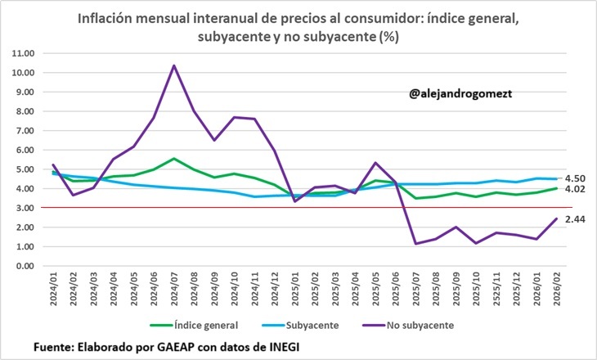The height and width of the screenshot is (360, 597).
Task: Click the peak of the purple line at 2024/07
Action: click(x=174, y=65)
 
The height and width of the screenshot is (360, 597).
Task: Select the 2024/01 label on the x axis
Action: click(x=54, y=292)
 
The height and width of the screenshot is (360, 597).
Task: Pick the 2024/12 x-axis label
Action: click(x=274, y=292)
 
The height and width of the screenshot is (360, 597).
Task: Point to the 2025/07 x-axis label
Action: click(x=415, y=292)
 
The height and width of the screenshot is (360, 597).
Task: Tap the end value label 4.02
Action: click(x=575, y=189)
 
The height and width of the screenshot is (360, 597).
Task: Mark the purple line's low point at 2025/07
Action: click(x=415, y=243)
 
